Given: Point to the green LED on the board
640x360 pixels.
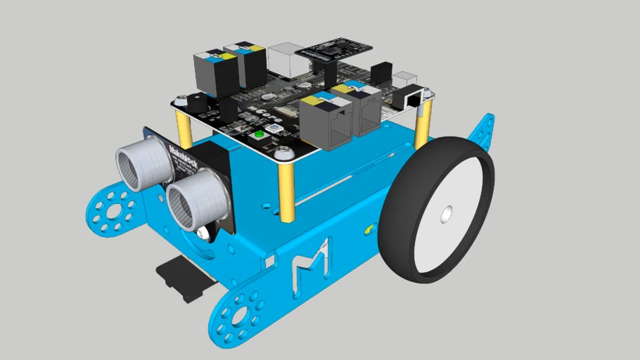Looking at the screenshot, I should click(258, 134).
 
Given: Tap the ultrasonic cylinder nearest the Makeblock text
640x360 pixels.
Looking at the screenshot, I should click(143, 164).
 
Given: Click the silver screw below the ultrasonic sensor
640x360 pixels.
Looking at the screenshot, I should click(203, 233).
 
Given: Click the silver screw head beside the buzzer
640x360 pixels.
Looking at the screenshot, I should click(181, 101).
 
